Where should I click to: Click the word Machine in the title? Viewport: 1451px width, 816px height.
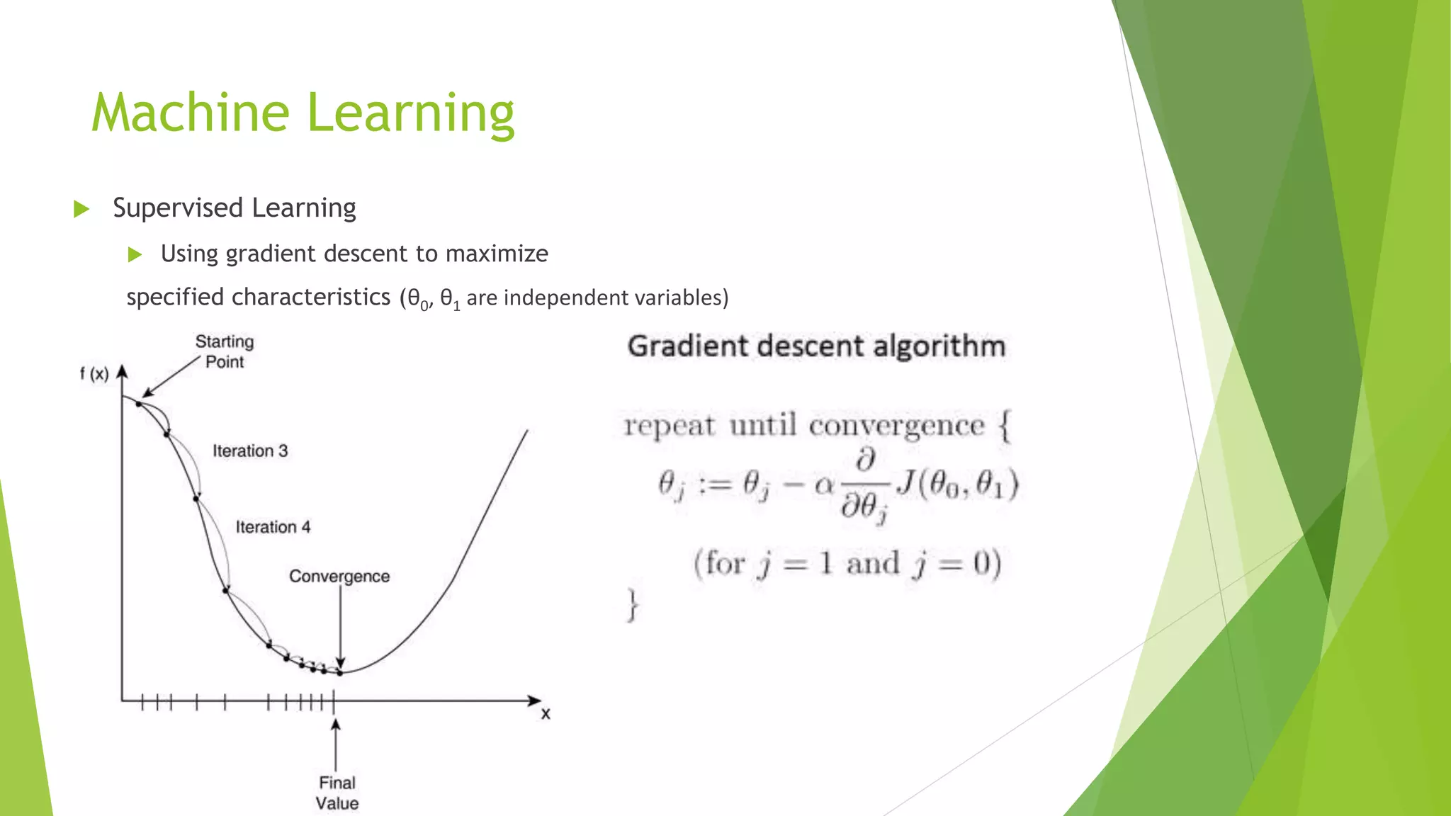pyautogui.click(x=191, y=113)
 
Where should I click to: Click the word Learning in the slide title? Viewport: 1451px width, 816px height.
pyautogui.click(x=410, y=115)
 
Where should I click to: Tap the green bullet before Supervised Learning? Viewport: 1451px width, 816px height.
pyautogui.click(x=81, y=209)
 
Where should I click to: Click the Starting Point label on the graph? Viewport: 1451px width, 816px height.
pyautogui.click(x=225, y=351)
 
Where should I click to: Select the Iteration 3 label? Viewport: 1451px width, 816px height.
pyautogui.click(x=250, y=451)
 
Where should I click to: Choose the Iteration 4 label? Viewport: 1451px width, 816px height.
pyautogui.click(x=273, y=527)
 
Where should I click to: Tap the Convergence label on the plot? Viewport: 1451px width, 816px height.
pyautogui.click(x=339, y=577)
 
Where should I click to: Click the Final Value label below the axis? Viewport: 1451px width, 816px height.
pyautogui.click(x=337, y=793)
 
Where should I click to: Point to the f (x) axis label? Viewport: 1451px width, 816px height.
pyautogui.click(x=94, y=374)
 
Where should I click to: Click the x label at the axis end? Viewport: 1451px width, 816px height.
pyautogui.click(x=546, y=714)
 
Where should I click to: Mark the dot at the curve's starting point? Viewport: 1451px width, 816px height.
pyautogui.click(x=139, y=404)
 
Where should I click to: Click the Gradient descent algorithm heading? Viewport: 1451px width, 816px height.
pyautogui.click(x=816, y=346)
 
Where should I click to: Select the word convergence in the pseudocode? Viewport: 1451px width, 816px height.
pyautogui.click(x=896, y=426)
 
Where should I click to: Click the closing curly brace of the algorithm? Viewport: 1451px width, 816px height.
pyautogui.click(x=632, y=605)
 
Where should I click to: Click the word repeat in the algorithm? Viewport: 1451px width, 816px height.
pyautogui.click(x=669, y=426)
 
